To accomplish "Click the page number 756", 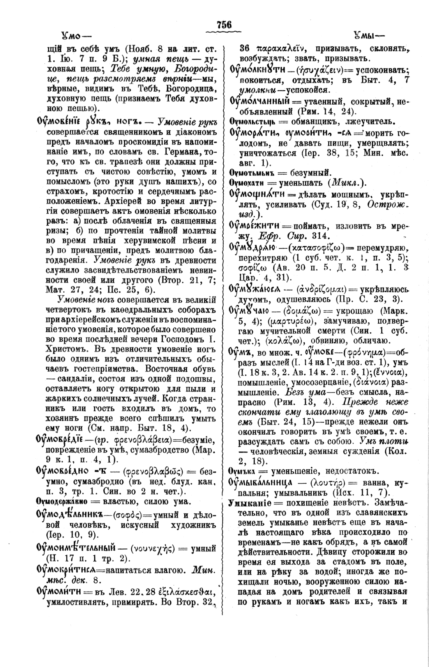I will [224, 25].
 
